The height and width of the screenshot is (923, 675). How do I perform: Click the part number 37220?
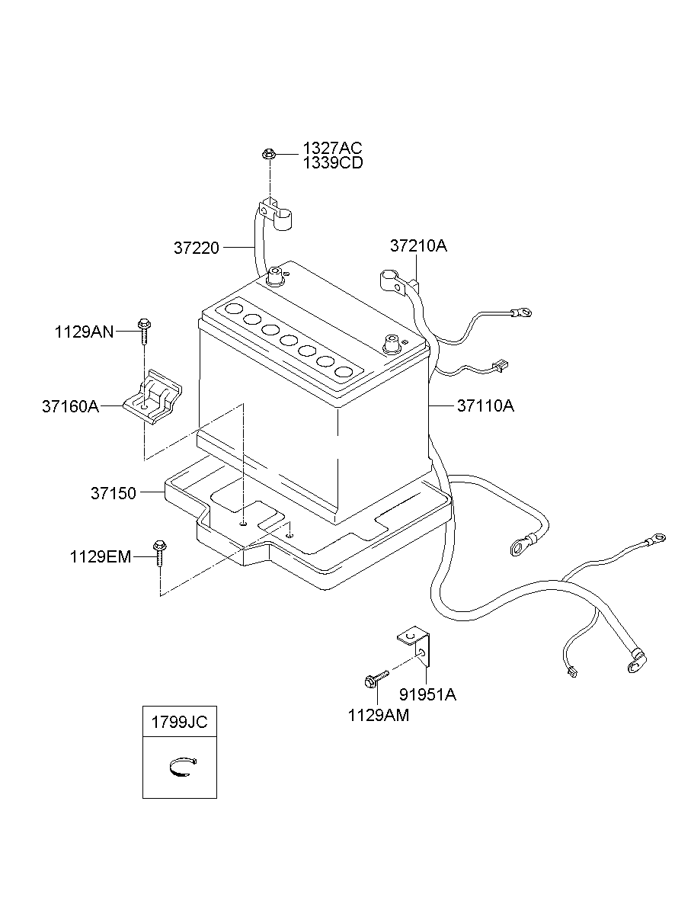pos(197,248)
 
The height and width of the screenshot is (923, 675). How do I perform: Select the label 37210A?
pos(418,245)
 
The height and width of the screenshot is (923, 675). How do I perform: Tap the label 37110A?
pos(485,406)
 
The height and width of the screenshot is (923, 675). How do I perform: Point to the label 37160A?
pos(70,406)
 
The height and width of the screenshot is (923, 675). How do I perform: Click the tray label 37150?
pos(114,493)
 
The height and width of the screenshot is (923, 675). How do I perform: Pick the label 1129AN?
pos(84,332)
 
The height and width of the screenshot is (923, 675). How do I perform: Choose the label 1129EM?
pos(101,557)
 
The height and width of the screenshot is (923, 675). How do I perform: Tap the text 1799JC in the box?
pos(180,722)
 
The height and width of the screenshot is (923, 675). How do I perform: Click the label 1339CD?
pos(333,163)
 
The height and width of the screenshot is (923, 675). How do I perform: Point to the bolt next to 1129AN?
pos(144,331)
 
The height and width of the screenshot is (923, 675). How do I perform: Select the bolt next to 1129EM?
pos(159,553)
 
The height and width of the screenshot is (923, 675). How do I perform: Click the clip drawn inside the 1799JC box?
pos(183,768)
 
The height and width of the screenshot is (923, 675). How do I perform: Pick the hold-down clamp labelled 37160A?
pos(153,396)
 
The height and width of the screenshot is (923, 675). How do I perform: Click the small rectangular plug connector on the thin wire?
pos(501,365)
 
